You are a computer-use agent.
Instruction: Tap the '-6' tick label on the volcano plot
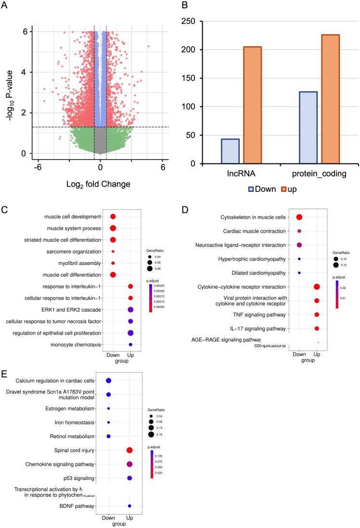pyautogui.click(x=36, y=168)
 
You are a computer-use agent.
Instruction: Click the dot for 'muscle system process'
pyautogui.click(x=113, y=228)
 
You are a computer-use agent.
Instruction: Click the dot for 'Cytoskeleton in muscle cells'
pyautogui.click(x=299, y=218)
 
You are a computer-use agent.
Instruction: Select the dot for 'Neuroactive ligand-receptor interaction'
pyautogui.click(x=299, y=245)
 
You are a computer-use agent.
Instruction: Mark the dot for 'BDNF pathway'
pyautogui.click(x=129, y=506)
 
